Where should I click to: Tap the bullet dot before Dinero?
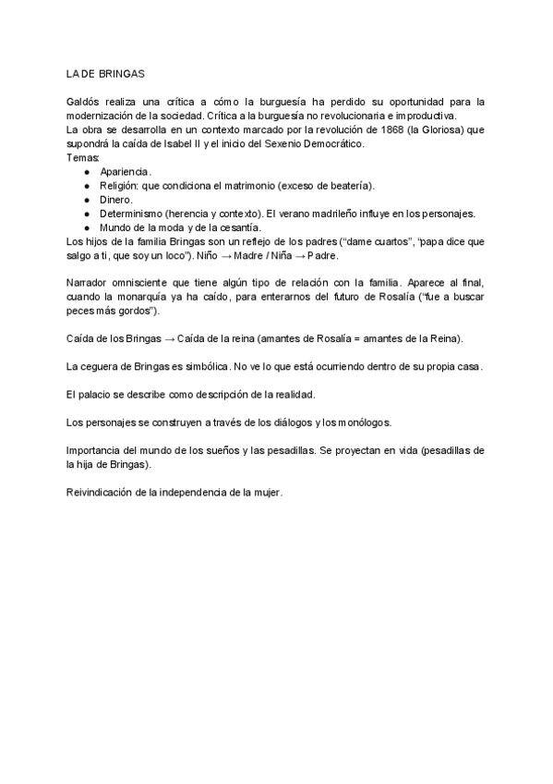(86, 200)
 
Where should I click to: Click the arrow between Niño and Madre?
(228, 255)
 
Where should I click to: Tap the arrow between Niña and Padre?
(298, 255)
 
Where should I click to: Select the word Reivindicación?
(100, 493)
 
